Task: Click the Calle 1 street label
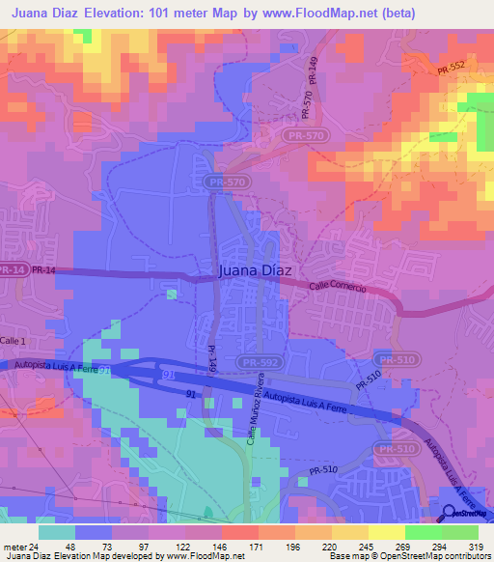click(14, 341)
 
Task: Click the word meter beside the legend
click(15, 546)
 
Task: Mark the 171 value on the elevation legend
click(257, 546)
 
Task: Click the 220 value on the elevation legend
click(331, 546)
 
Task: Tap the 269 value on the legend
click(404, 546)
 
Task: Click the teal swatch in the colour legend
click(56, 532)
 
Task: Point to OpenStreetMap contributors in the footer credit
click(434, 557)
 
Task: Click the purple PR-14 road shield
click(12, 270)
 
